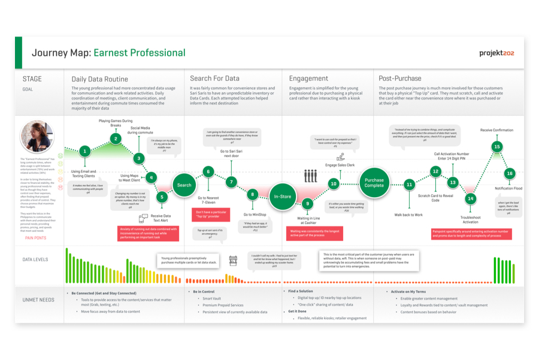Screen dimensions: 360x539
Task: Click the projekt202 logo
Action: pos(496,53)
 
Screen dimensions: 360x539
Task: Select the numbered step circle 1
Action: pos(85,151)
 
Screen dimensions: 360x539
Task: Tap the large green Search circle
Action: pos(184,185)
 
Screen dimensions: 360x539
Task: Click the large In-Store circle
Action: pos(283,196)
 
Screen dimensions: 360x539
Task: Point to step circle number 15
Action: pos(496,147)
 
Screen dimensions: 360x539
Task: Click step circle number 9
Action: pos(307,204)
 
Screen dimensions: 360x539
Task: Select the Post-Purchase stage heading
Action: pos(400,78)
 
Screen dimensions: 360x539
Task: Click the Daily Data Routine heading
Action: pos(99,79)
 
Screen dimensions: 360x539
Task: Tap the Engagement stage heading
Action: pos(308,78)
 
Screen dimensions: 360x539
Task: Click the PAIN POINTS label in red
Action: pos(35,238)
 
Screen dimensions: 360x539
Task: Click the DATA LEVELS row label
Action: pos(35,259)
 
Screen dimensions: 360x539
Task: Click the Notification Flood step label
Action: pos(508,189)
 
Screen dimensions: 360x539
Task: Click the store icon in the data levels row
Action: pos(233,261)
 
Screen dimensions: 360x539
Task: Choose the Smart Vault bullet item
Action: pos(212,298)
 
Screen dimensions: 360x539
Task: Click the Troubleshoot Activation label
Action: pos(470,219)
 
